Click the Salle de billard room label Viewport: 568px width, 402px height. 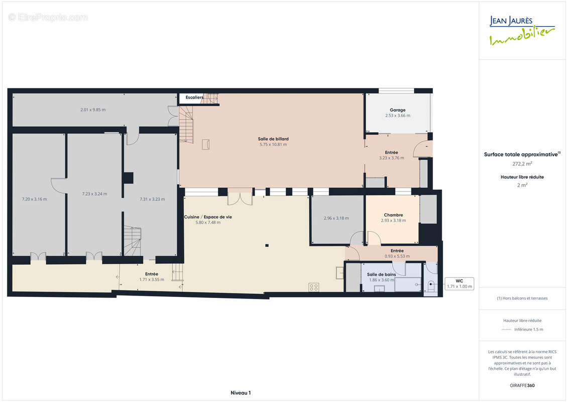(273, 139)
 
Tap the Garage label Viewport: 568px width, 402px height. (397, 110)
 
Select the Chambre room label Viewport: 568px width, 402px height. (393, 215)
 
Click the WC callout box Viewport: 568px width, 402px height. (460, 283)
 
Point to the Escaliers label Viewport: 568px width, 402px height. (194, 97)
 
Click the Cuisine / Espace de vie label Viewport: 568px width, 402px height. (208, 217)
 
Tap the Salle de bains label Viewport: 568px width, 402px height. (382, 274)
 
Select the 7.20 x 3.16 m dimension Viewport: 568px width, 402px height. (35, 199)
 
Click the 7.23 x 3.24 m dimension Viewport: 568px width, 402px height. (94, 194)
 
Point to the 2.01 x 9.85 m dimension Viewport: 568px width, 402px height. (93, 110)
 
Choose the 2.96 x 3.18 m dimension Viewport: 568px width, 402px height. (336, 218)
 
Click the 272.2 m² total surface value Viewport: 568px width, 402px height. (522, 164)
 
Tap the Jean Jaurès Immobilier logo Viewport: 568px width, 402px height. (522, 31)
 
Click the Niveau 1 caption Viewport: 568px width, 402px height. (241, 393)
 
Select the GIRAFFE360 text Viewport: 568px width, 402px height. (522, 385)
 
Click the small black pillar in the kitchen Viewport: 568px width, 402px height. (267, 246)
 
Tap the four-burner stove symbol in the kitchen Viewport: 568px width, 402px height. (314, 287)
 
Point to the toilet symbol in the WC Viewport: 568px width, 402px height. (431, 285)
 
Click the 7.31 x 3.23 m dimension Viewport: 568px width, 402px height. (152, 199)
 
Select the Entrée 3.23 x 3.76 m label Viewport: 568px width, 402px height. (392, 155)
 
